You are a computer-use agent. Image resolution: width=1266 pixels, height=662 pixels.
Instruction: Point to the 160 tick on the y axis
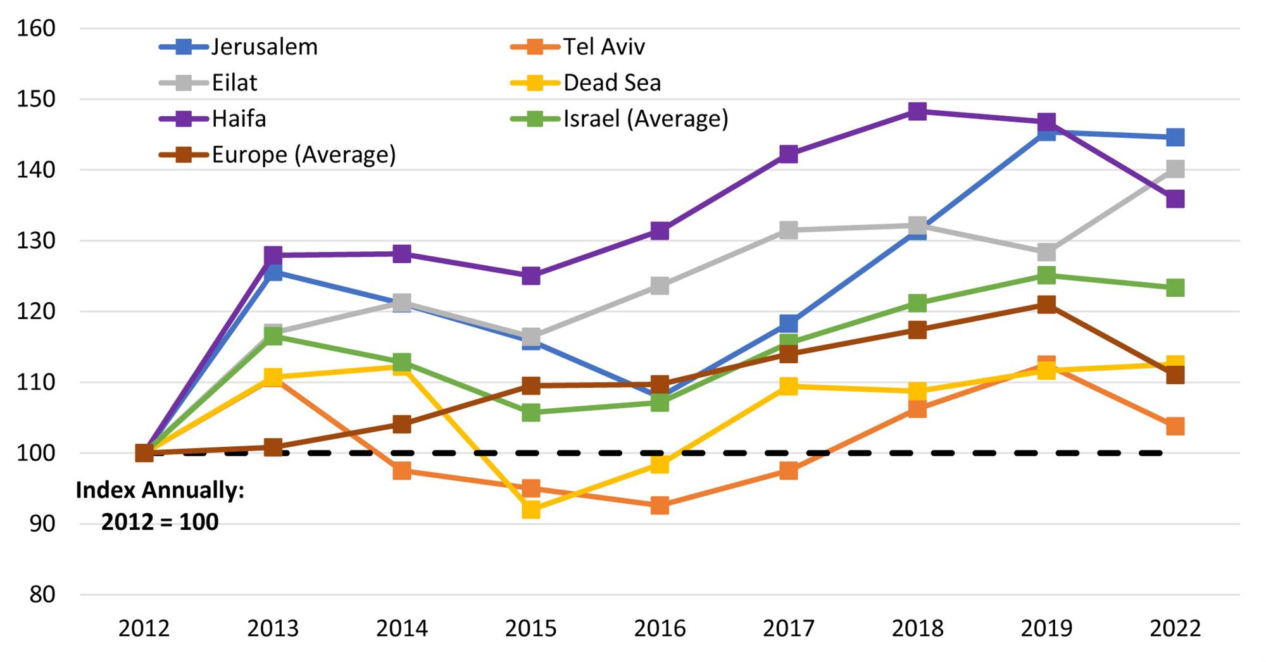point(36,28)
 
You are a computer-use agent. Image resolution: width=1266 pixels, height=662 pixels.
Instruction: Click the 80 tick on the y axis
point(42,595)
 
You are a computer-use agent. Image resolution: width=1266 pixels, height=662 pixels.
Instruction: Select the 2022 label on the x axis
point(1175,628)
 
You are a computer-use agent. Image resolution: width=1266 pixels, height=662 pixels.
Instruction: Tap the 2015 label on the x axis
point(530,628)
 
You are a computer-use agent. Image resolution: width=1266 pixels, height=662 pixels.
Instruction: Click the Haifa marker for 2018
point(917,112)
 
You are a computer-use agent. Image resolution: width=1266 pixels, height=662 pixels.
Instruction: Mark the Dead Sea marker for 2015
point(531,509)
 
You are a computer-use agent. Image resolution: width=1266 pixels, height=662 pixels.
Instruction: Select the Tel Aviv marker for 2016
point(660,505)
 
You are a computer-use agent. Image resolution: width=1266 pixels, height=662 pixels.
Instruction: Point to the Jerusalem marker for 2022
point(1175,137)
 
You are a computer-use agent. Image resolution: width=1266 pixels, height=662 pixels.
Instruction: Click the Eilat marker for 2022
point(1175,169)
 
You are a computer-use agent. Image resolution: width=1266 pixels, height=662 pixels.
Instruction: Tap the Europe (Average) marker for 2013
point(273,447)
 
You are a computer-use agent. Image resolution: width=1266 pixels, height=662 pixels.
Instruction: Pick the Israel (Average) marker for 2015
point(531,413)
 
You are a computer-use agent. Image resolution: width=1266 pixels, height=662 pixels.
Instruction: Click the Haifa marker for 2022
point(1175,199)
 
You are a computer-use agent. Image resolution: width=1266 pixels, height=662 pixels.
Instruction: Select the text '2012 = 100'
point(160,522)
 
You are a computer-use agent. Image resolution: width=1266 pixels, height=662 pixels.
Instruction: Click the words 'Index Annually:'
point(160,490)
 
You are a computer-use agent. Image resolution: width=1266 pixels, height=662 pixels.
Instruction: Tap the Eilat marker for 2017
point(788,230)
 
